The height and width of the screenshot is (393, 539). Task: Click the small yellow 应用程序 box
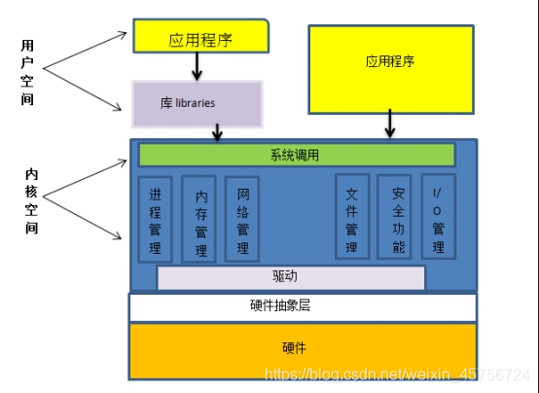coord(201,38)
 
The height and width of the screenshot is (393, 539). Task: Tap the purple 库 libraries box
coord(197,102)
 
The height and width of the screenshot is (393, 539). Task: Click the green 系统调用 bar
coord(297,155)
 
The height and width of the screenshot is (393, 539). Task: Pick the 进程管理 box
coord(156,219)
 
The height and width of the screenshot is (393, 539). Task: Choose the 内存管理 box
coord(199,219)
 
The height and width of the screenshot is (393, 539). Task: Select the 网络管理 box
coord(242,219)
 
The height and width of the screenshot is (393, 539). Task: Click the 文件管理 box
coord(352,217)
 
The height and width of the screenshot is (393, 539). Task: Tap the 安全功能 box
coord(395,217)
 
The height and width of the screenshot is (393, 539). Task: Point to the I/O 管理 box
coord(438,217)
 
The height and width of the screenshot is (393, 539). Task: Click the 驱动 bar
coord(291,277)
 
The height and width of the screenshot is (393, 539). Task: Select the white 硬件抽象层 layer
coord(303,306)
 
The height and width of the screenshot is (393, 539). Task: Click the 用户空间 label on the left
coord(27,72)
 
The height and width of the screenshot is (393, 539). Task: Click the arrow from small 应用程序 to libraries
coord(197,66)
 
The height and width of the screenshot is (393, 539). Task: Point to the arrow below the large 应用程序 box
coord(390,124)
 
